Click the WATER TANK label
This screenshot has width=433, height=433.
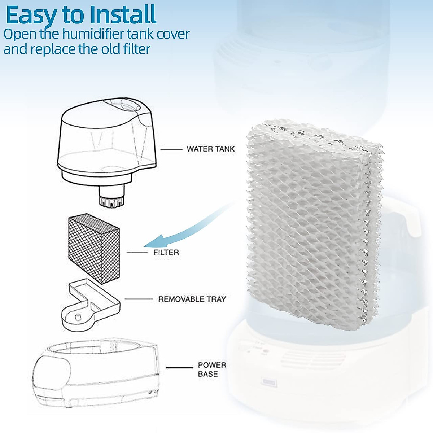coord(210,149)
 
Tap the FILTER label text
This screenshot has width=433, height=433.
coord(166,253)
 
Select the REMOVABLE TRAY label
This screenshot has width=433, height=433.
coord(192,299)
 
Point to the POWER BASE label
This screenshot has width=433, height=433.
coord(212,369)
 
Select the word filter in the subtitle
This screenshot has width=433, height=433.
coord(136,49)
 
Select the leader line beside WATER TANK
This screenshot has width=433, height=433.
coord(171,149)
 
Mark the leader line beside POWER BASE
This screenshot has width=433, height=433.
coord(179,368)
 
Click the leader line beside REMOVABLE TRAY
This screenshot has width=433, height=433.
coord(139,299)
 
